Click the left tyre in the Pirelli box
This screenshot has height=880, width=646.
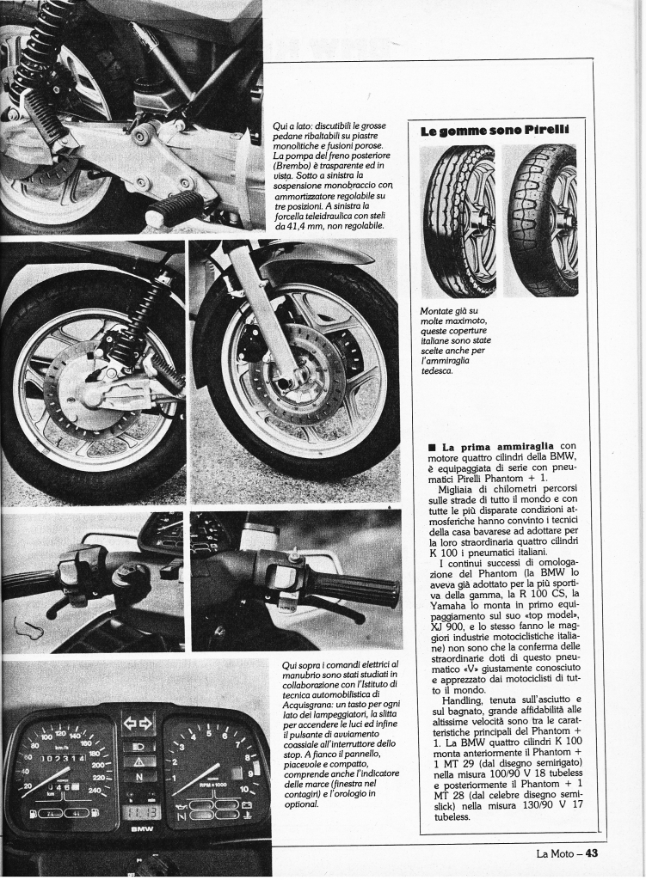click(x=459, y=221)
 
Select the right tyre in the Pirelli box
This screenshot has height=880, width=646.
click(x=540, y=221)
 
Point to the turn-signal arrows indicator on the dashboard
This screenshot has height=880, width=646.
click(x=138, y=724)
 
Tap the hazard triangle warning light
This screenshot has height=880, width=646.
click(x=138, y=761)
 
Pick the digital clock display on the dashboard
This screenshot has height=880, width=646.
click(x=139, y=810)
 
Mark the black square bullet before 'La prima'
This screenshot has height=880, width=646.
click(x=432, y=447)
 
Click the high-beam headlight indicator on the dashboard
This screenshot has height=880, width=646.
click(x=138, y=743)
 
